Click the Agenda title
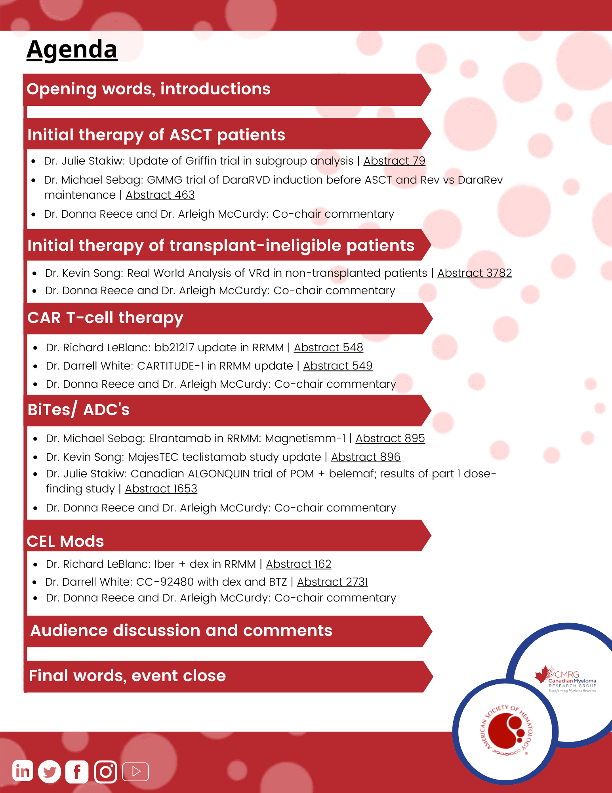pyautogui.click(x=72, y=50)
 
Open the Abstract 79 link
pyautogui.click(x=394, y=161)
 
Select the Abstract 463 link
pyautogui.click(x=160, y=195)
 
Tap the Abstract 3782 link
pyautogui.click(x=475, y=273)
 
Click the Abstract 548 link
pyautogui.click(x=328, y=348)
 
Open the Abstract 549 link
pyautogui.click(x=338, y=366)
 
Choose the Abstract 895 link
pyautogui.click(x=390, y=439)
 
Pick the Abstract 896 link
pyautogui.click(x=366, y=457)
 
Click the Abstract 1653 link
pyautogui.click(x=161, y=489)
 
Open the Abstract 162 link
pyautogui.click(x=298, y=564)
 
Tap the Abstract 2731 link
pyautogui.click(x=332, y=582)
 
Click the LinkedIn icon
pyautogui.click(x=23, y=771)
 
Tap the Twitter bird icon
pyautogui.click(x=50, y=772)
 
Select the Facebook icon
pyautogui.click(x=77, y=772)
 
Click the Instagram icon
pyautogui.click(x=106, y=772)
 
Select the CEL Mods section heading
pyautogui.click(x=65, y=541)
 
